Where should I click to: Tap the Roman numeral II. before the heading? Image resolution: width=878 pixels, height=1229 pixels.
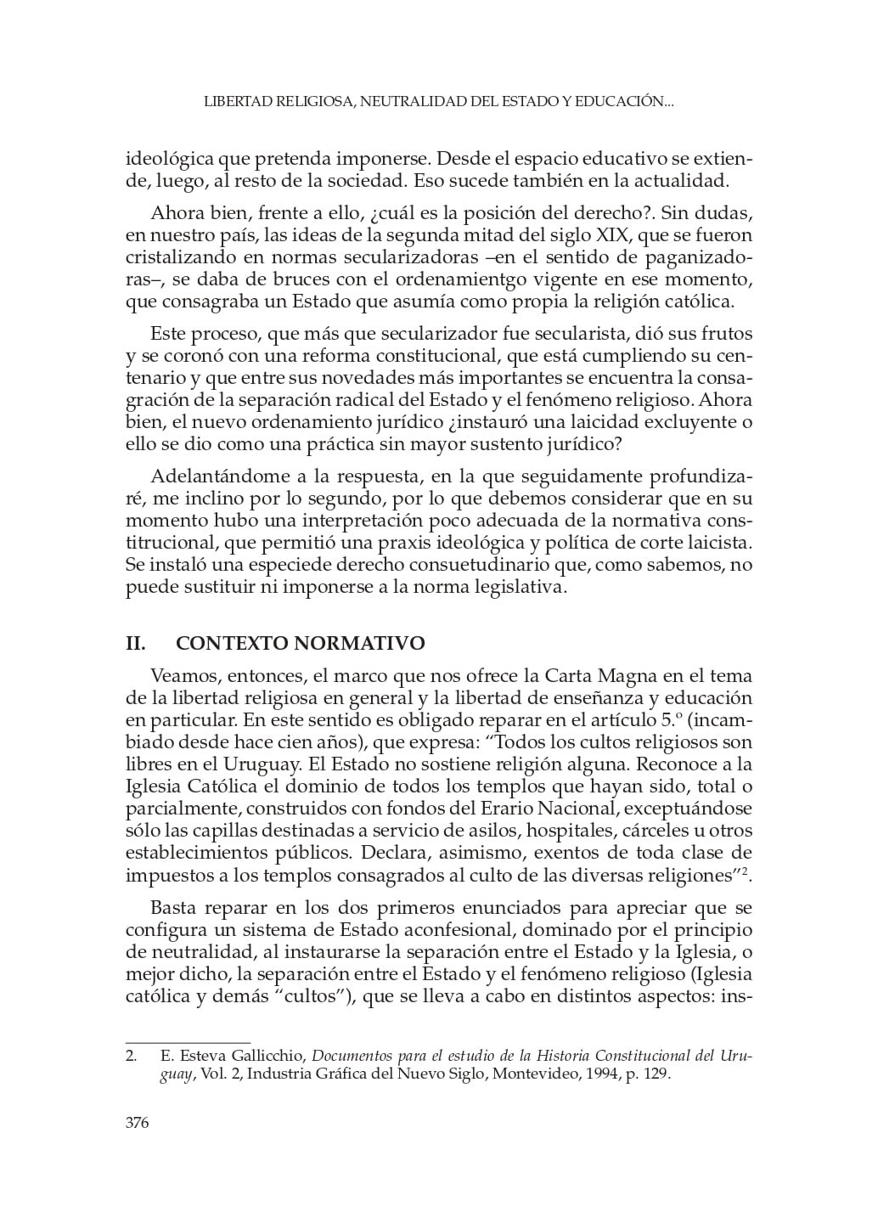(136, 643)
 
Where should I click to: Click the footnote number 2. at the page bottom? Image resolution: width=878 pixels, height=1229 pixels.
(132, 1056)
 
